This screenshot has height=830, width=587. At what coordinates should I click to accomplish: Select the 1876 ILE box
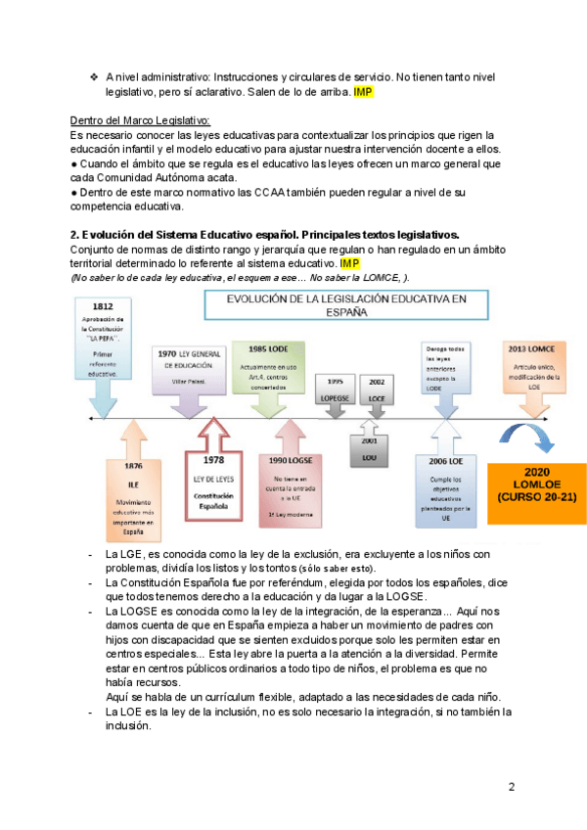(134, 494)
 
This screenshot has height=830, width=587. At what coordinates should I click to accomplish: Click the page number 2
(511, 786)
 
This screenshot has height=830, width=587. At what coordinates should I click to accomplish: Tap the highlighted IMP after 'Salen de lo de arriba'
(363, 91)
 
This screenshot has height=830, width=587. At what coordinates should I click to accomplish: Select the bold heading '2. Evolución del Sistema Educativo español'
(263, 235)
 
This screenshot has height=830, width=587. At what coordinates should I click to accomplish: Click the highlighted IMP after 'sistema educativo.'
(350, 264)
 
